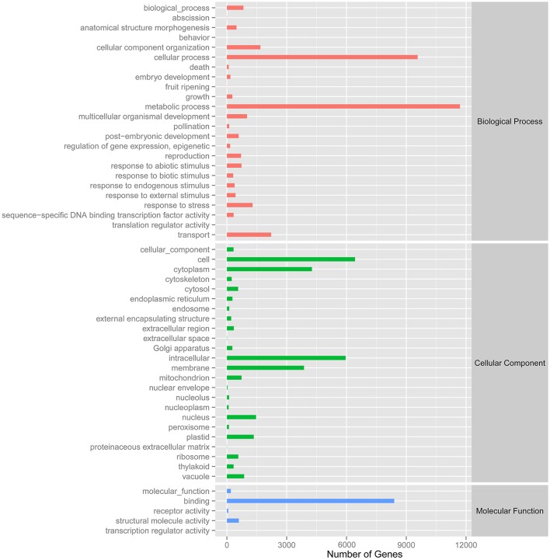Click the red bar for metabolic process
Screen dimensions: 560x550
point(343,106)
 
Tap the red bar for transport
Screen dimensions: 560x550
point(249,235)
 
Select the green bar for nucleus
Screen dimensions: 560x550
point(241,417)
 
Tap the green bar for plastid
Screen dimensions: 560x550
point(240,437)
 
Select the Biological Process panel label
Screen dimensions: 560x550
point(509,122)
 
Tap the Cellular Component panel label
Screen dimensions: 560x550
point(509,363)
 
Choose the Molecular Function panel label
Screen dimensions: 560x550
point(509,511)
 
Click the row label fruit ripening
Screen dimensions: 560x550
point(183,87)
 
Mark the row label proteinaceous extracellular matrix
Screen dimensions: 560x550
point(150,447)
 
